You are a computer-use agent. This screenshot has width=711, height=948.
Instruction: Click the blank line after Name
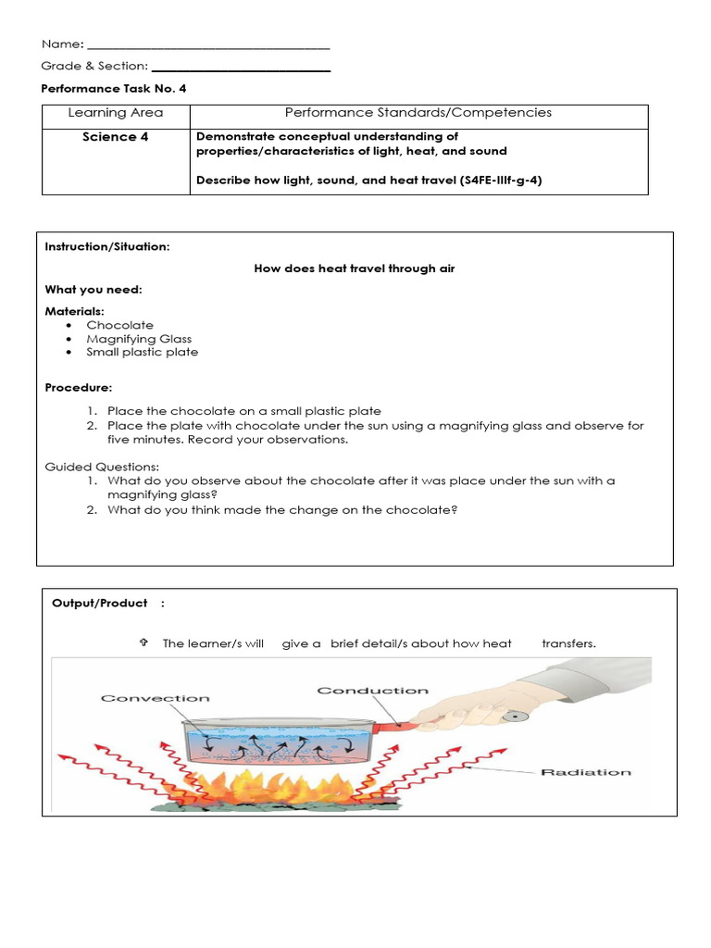(208, 45)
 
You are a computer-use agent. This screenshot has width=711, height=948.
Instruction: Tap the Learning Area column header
(116, 113)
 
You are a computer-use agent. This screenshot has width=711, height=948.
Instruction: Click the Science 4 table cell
(116, 137)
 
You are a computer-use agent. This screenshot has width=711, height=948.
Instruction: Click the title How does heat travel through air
(355, 268)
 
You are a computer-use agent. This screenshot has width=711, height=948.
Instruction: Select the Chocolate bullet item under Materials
(120, 325)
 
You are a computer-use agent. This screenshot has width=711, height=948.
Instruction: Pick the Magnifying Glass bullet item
(139, 339)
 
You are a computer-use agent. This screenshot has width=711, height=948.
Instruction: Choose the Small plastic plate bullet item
(142, 352)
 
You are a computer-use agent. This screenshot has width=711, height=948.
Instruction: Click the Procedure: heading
(79, 387)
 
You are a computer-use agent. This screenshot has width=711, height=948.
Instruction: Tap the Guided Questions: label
(102, 467)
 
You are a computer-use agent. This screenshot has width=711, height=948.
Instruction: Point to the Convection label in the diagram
(156, 698)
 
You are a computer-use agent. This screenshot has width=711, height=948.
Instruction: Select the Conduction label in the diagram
(373, 691)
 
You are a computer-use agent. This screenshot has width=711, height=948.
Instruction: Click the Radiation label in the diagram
(586, 771)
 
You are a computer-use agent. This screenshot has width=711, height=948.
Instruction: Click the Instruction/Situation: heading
(107, 247)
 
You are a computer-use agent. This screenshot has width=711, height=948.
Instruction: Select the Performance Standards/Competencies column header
(418, 113)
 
